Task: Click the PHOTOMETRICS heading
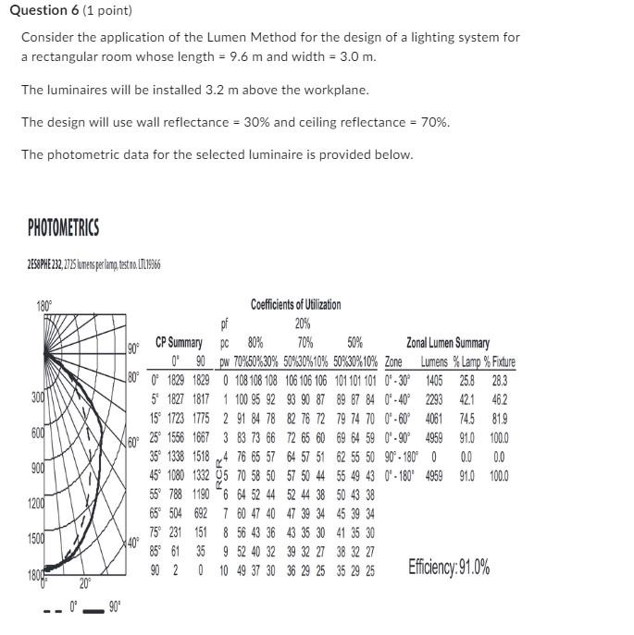pos(63,227)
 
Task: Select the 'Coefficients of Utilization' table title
pos(295,304)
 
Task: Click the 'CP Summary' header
pos(179,342)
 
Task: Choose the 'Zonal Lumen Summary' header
pos(448,343)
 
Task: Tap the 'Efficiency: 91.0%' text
pos(449,568)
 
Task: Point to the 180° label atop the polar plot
pos(44,304)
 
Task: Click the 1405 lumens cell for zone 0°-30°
pos(433,380)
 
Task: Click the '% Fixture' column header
pos(498,362)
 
